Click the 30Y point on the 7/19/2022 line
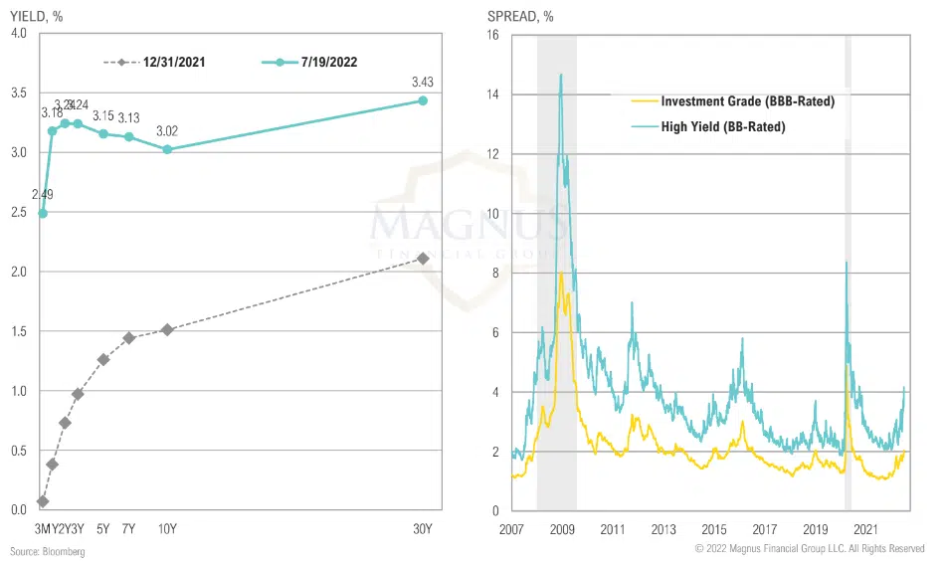(423, 100)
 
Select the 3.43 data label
(423, 84)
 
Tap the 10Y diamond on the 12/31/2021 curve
(167, 329)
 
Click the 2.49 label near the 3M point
(42, 195)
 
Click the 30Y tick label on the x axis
(423, 528)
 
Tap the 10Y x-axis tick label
(167, 528)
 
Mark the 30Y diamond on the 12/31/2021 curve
(423, 259)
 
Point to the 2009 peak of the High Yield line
(561, 75)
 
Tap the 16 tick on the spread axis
(493, 35)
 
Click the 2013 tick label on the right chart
(662, 528)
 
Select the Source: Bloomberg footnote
(47, 551)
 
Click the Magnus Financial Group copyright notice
(809, 549)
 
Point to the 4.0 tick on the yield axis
(18, 35)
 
